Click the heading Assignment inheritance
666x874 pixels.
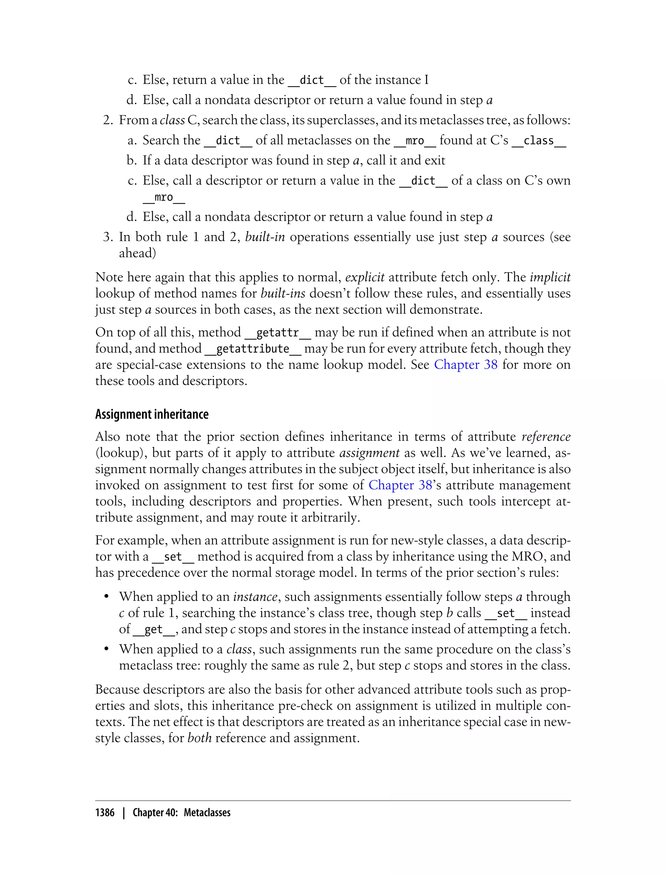[x=152, y=414]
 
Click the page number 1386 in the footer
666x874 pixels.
[x=105, y=813]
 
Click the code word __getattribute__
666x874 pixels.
[x=253, y=349]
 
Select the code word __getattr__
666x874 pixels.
[x=277, y=333]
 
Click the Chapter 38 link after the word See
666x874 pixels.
[x=465, y=365]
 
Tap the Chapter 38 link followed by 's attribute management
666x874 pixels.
[x=400, y=485]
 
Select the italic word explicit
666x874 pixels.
[x=365, y=277]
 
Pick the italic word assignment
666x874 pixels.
[x=369, y=453]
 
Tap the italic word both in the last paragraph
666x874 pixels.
[x=199, y=738]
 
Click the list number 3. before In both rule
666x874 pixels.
[x=108, y=237]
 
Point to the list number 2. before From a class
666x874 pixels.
[x=108, y=120]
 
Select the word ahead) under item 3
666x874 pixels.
[x=137, y=253]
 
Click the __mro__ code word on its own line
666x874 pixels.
[x=164, y=197]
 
